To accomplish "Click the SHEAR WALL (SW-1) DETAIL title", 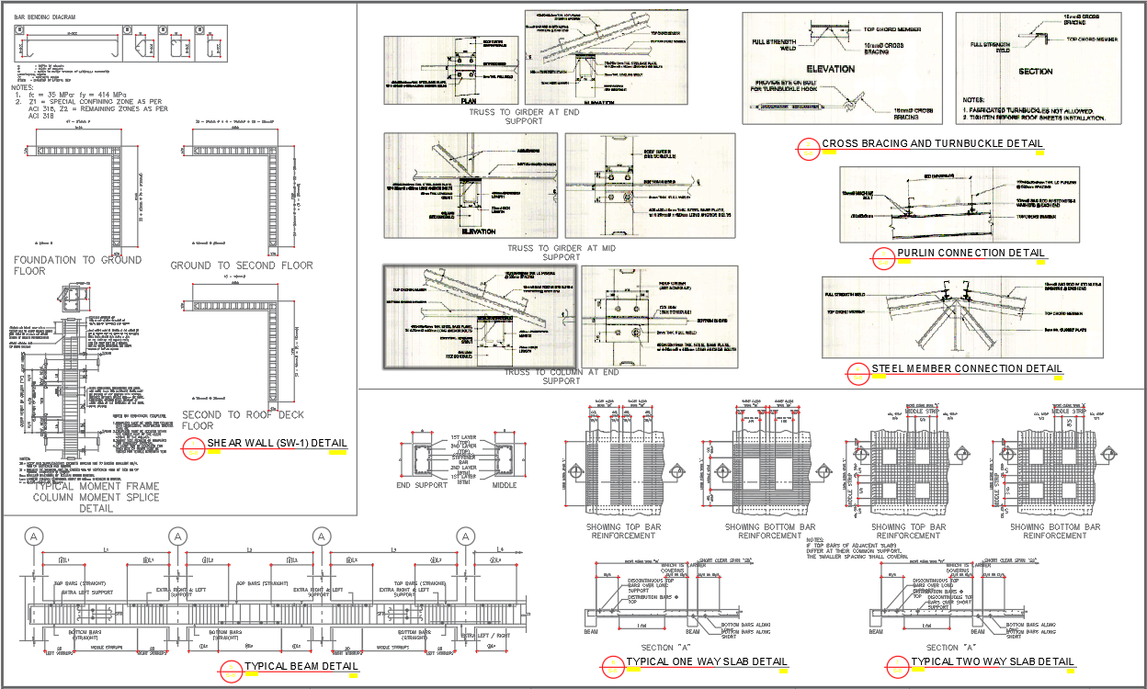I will pos(277,444).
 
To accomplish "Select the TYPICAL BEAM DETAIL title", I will pos(301,666).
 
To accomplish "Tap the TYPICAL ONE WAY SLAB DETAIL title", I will pos(706,661).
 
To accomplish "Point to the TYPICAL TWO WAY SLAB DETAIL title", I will pos(992,661).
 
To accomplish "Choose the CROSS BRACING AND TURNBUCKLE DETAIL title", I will pos(932,143).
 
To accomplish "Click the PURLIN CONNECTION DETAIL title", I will pos(971,253).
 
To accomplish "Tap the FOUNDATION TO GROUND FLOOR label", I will pos(77,265).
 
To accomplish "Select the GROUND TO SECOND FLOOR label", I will pos(242,265).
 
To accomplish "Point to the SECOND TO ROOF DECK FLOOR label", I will pos(242,420).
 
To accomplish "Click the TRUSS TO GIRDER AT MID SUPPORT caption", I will pos(561,254).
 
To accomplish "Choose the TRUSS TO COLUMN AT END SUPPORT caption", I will pos(561,376).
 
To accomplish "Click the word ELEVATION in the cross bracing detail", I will pos(830,69).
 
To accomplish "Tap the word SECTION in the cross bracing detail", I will pos(1035,71).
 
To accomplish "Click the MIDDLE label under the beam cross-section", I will pos(505,485).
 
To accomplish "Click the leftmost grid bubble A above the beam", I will pos(34,536).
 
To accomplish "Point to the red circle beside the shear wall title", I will pos(194,449).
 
